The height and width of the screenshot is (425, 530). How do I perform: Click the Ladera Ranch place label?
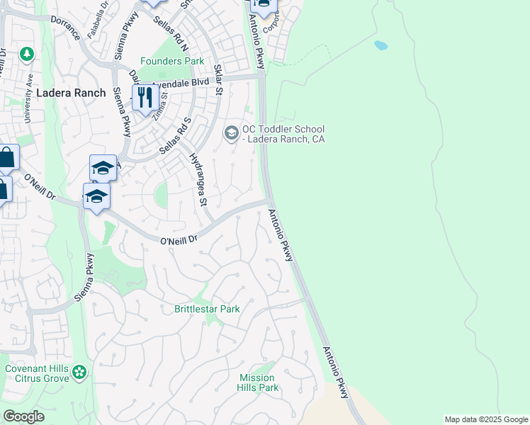70,93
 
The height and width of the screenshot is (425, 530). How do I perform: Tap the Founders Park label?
172,62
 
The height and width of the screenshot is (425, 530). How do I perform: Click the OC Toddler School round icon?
231,132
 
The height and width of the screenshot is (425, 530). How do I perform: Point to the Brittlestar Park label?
207,309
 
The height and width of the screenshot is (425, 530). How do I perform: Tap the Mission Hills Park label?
259,382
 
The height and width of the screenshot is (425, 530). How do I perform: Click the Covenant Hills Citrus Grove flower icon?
80,371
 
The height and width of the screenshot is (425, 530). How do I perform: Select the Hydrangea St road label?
198,181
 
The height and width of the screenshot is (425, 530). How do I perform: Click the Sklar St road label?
218,79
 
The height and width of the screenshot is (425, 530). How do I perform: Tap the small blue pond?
381,45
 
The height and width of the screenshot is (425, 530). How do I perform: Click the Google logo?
23,416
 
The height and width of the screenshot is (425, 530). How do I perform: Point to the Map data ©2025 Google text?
486,419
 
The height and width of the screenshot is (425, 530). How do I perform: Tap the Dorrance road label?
65,32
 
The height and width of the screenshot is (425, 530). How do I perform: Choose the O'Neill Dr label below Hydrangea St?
178,242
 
